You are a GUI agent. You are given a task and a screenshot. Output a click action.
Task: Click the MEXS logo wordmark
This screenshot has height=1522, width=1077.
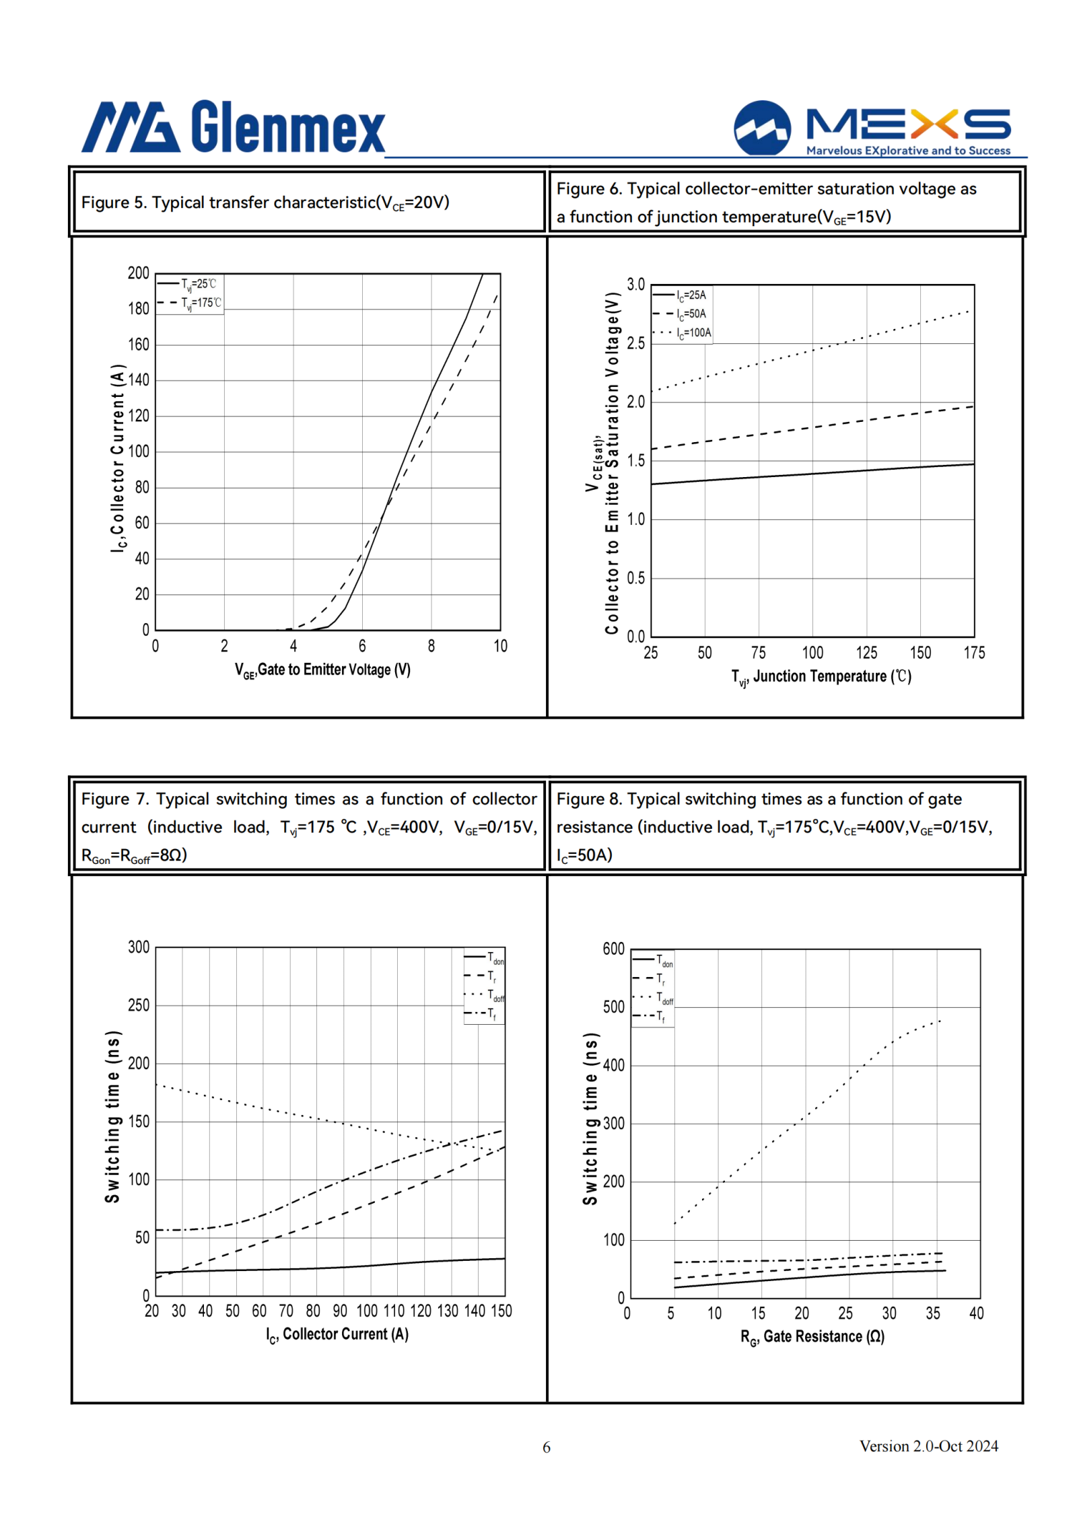point(908,124)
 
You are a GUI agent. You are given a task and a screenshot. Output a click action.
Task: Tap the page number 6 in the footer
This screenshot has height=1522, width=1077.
point(547,1447)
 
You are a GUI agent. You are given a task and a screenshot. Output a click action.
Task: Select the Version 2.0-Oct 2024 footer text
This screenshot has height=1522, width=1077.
point(928,1446)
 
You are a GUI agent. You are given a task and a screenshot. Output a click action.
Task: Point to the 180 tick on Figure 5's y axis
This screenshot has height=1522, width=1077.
point(139,309)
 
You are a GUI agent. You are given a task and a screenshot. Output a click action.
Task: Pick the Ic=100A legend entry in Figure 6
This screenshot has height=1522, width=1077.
point(681,332)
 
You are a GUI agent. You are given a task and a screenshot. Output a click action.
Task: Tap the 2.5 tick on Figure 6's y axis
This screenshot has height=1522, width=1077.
point(635,343)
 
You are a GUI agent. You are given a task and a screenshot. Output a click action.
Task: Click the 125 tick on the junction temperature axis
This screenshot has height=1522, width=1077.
point(866,653)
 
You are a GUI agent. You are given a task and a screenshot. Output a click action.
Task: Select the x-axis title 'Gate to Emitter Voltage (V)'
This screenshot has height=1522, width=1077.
point(322,670)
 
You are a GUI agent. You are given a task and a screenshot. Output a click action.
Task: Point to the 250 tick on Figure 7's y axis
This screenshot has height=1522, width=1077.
point(139,1005)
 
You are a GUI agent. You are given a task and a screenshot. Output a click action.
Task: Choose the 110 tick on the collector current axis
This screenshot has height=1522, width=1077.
point(394,1311)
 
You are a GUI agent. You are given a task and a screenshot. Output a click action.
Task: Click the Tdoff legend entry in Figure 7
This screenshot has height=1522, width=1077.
point(484,995)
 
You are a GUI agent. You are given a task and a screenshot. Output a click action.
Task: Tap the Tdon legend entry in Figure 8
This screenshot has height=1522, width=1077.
point(652,960)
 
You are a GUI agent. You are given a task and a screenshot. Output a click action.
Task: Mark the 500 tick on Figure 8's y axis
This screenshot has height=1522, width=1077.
point(614,1007)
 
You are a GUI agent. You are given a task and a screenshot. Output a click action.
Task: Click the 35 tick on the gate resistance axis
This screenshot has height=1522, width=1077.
point(933,1313)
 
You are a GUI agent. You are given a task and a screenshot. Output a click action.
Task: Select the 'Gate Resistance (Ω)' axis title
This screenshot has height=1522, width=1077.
point(812,1337)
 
